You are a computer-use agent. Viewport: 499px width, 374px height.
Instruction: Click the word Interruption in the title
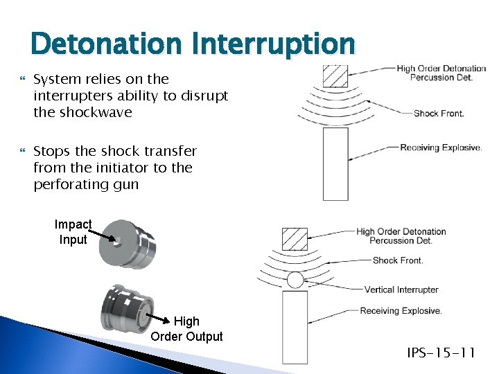pos(273,44)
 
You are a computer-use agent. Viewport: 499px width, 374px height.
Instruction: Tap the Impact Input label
pos(73,232)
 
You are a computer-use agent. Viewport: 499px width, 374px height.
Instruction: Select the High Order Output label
pos(186,329)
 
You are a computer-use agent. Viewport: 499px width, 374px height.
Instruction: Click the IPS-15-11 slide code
pos(441,353)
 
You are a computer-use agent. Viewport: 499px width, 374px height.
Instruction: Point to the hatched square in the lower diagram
pos(294,239)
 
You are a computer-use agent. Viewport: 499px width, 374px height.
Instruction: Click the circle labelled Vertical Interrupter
pos(295,280)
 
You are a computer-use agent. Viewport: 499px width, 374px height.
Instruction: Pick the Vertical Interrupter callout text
pos(401,290)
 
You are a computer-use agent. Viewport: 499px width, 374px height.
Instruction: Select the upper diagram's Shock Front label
pos(439,114)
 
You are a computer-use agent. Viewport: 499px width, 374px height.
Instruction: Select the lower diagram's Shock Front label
pos(398,260)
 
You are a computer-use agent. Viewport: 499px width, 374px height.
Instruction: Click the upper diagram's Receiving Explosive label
pos(441,148)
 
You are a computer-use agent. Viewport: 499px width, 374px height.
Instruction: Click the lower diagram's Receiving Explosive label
pos(401,311)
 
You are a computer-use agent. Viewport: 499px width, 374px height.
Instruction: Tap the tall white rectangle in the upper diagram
pos(335,163)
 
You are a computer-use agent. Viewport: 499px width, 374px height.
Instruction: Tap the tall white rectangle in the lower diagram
pos(295,326)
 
